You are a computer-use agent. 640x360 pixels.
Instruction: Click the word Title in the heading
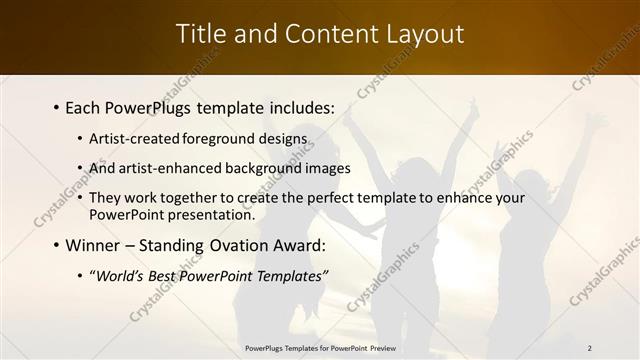[x=203, y=34]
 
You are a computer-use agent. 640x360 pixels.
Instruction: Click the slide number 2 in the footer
[x=589, y=348]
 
